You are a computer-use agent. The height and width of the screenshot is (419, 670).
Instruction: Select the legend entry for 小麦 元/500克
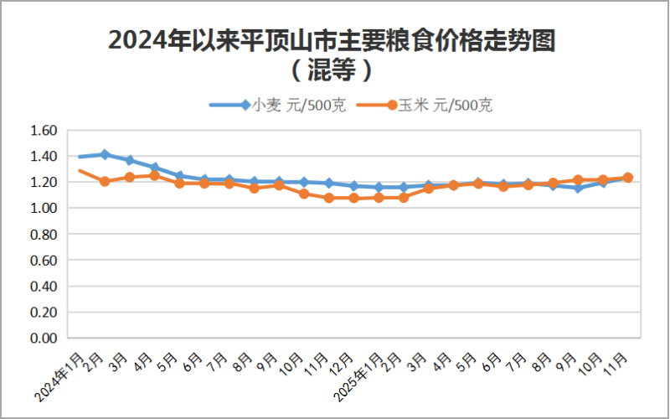[x=277, y=106]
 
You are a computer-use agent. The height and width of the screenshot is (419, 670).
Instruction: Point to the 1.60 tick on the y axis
[x=43, y=131]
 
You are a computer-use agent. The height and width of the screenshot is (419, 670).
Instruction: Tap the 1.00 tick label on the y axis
[x=43, y=209]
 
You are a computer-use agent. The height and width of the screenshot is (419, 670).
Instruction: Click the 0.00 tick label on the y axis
[x=43, y=339]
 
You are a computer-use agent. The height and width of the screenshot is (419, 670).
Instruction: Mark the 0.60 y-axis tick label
[x=43, y=261]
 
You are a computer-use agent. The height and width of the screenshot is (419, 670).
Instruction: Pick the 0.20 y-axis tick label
[x=43, y=313]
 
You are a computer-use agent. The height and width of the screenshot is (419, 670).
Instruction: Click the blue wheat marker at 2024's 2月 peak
[x=105, y=154]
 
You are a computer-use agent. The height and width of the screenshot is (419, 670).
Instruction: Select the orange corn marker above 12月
[x=353, y=198]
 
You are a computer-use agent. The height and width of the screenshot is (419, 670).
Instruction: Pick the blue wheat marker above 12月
[x=353, y=186]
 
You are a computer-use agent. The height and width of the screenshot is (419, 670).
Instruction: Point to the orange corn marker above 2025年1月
[x=379, y=197]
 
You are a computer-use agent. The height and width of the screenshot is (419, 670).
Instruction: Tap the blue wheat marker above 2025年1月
[x=379, y=188]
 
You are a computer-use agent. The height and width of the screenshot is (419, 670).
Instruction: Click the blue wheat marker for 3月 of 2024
[x=130, y=160]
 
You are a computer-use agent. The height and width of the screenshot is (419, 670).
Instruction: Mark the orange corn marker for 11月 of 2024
[x=328, y=198]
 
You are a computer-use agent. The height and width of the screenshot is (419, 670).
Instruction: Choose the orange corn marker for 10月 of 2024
[x=304, y=194]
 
